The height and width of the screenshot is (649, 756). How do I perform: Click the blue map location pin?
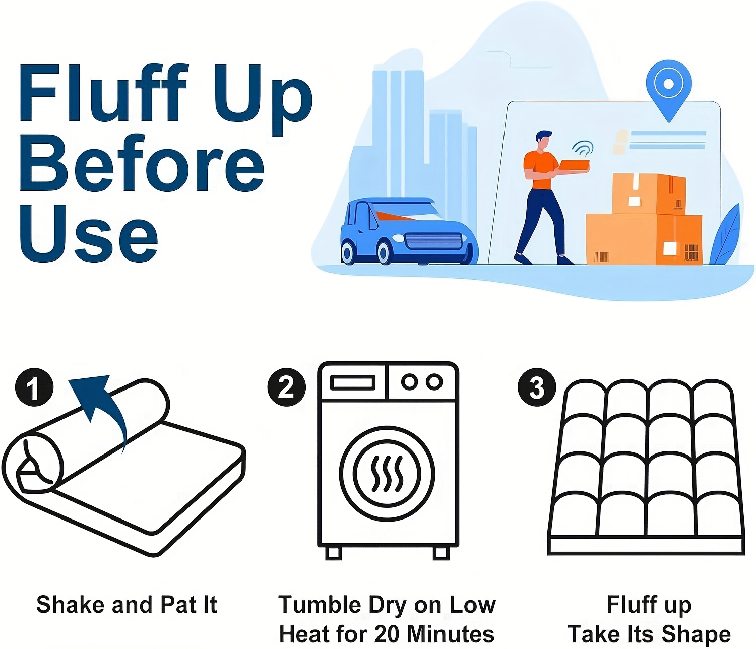[x=669, y=91]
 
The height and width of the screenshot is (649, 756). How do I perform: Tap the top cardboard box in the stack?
[x=649, y=194]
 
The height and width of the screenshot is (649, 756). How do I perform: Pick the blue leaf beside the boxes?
[x=725, y=236]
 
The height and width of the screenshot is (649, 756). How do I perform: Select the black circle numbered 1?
[x=34, y=387]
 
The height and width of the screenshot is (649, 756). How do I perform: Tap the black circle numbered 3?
[x=537, y=387]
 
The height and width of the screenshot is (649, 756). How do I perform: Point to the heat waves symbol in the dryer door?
[x=387, y=474]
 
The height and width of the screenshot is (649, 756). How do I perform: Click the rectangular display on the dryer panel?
[x=353, y=383]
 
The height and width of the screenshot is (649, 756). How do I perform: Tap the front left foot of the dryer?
[x=334, y=553]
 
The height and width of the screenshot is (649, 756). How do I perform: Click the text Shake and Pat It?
[x=127, y=604]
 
